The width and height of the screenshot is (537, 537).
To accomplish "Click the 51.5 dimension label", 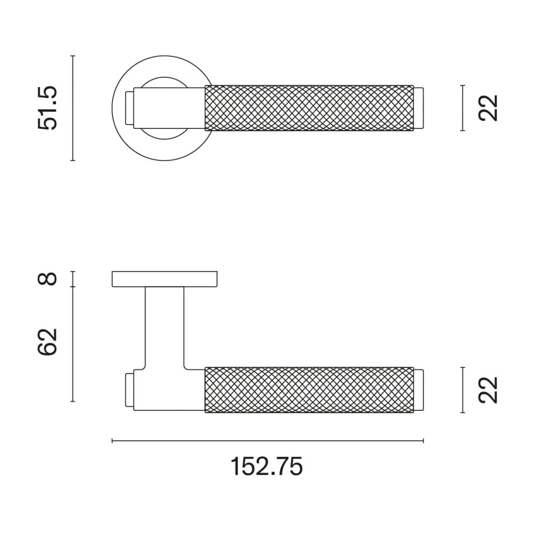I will coord(47,108).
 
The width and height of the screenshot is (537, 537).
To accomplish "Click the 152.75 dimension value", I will coord(267,466).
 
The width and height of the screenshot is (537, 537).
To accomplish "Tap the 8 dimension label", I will coord(48,279).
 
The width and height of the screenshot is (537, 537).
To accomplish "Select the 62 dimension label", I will coord(47,342).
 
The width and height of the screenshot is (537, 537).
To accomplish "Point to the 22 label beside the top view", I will coord(489,108).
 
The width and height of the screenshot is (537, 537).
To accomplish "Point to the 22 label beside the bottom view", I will coord(489,390).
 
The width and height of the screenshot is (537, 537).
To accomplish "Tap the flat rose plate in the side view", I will coord(165,279).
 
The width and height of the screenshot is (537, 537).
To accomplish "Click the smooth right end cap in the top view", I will coord(419,108).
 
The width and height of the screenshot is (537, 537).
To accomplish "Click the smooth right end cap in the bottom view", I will coord(419,390).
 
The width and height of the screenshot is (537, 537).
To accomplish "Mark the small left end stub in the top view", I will coord(129,107).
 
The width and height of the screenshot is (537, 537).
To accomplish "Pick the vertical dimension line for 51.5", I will coord(72,108).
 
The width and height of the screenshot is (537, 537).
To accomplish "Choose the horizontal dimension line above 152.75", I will coord(267,441).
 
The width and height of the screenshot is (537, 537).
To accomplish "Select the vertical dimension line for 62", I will coord(72,344).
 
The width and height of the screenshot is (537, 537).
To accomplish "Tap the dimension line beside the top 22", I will coord(462,108).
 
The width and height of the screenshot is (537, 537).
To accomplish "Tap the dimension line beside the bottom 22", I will coord(462,390).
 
